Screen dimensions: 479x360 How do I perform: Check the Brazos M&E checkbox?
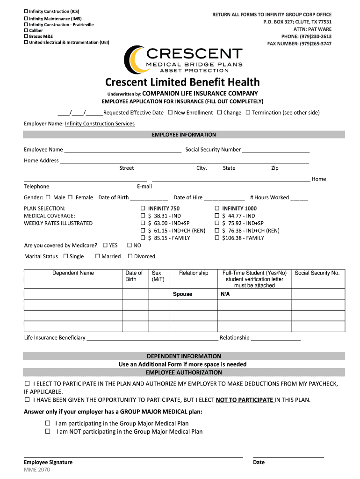pyautogui.click(x=26, y=36)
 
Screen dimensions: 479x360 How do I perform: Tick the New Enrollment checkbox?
pyautogui.click(x=170, y=112)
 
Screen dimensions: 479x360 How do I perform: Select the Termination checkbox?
pyautogui.click(x=248, y=112)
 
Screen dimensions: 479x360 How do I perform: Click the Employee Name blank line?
pyautogui.click(x=122, y=150)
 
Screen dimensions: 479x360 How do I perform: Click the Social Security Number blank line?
pyautogui.click(x=275, y=150)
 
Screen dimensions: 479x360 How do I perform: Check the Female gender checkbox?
pyautogui.click(x=70, y=197)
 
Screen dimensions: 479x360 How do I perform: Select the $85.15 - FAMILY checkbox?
pyautogui.click(x=143, y=238)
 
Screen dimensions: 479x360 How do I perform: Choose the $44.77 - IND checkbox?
pyautogui.click(x=217, y=216)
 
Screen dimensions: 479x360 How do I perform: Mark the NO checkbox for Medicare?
pyautogui.click(x=130, y=245)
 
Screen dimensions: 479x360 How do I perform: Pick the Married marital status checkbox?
pyautogui.click(x=97, y=256)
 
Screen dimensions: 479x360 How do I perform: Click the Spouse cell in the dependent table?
pyautogui.click(x=193, y=294)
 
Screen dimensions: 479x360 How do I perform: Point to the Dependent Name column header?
pyautogui.click(x=73, y=273)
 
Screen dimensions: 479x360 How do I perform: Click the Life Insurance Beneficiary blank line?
pyautogui.click(x=152, y=338)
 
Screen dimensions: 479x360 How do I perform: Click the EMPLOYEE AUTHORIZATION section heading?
pyautogui.click(x=184, y=372)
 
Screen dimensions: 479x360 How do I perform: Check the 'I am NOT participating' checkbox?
pyautogui.click(x=47, y=431)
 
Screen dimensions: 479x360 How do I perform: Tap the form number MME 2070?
pyautogui.click(x=37, y=470)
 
